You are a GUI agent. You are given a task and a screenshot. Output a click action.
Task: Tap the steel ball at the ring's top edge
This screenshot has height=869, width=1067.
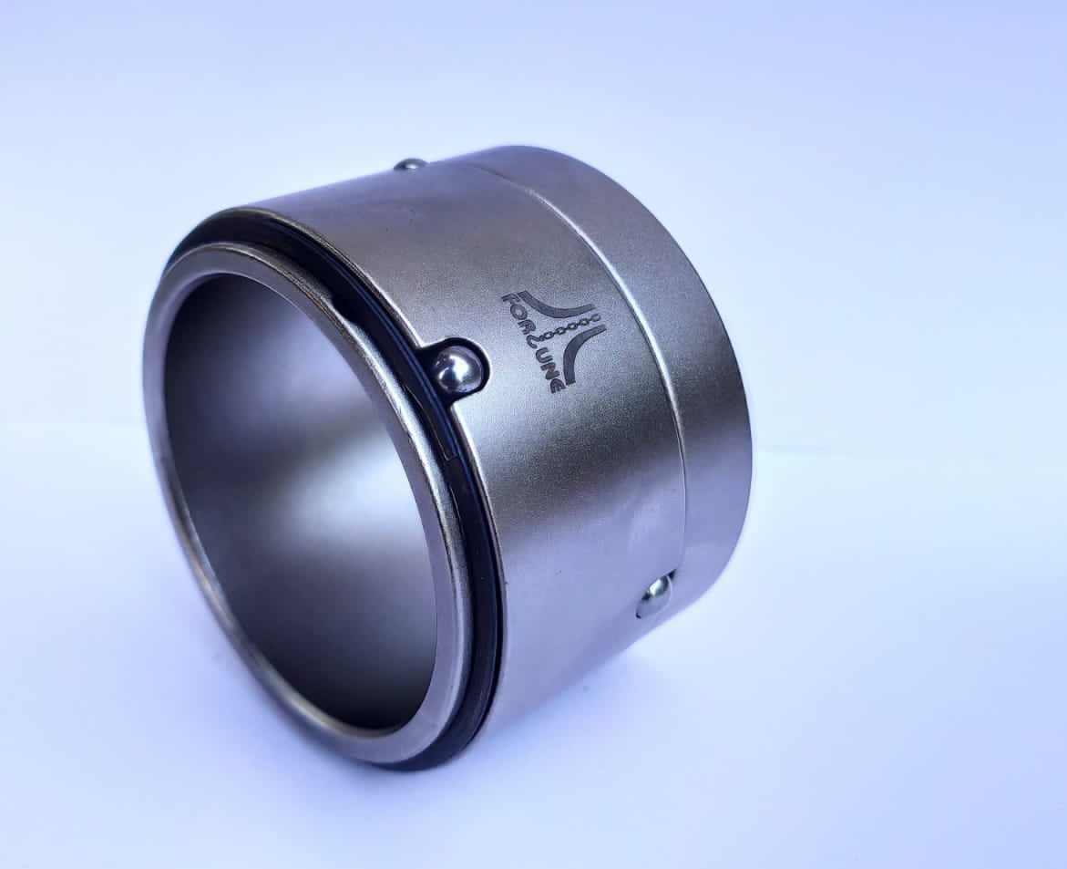click(411, 165)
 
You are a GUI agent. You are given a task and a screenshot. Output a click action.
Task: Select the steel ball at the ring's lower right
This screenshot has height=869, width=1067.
click(655, 595)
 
